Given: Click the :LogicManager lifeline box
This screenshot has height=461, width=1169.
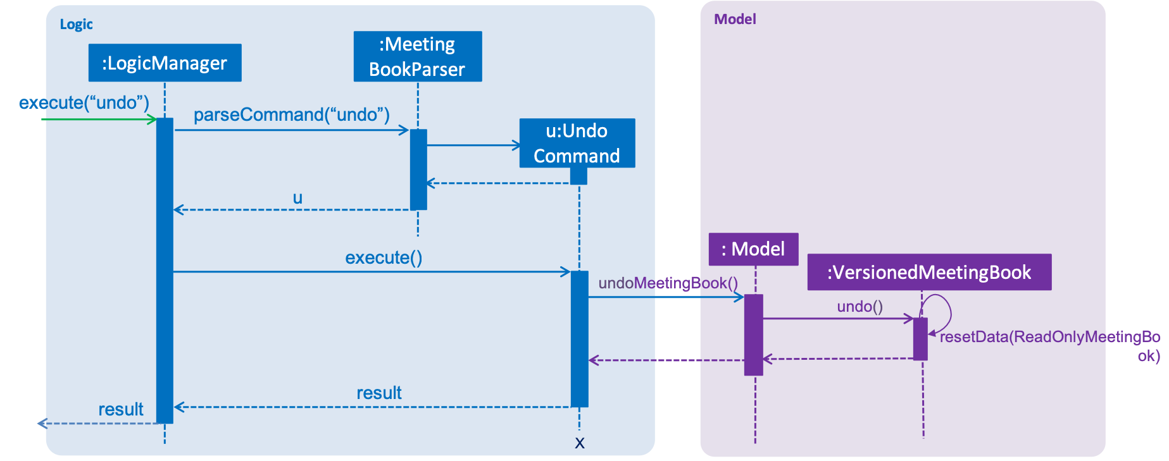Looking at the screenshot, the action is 165,63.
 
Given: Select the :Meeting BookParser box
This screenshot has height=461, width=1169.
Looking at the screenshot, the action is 418,56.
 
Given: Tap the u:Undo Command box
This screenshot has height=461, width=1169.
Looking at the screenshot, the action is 577,143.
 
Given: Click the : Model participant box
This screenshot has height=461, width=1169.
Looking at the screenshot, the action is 753,249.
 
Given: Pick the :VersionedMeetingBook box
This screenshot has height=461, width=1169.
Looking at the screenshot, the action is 929,272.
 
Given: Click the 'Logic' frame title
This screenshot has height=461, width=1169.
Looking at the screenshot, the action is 76,25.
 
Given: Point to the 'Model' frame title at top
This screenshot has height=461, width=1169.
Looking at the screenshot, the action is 735,19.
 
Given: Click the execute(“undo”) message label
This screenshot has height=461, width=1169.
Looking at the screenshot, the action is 84,102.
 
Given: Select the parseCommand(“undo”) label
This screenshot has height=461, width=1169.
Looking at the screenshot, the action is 292,114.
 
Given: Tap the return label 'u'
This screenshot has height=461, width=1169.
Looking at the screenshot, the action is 297,199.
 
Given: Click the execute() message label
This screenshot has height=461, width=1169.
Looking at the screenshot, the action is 384,257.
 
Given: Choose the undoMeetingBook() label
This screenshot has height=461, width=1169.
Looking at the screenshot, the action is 668,283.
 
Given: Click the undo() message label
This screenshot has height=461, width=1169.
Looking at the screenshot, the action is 860,307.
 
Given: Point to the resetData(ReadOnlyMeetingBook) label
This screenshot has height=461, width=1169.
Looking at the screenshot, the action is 1050,346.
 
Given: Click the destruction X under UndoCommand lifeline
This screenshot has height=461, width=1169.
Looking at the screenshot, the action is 580,443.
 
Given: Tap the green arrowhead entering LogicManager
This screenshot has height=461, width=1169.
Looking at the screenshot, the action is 152,119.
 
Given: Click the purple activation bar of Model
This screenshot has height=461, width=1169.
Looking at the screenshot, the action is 753,335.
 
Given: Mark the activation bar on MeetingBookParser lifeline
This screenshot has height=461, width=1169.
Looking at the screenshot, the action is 418,169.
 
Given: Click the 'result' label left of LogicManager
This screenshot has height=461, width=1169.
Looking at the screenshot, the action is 121,409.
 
